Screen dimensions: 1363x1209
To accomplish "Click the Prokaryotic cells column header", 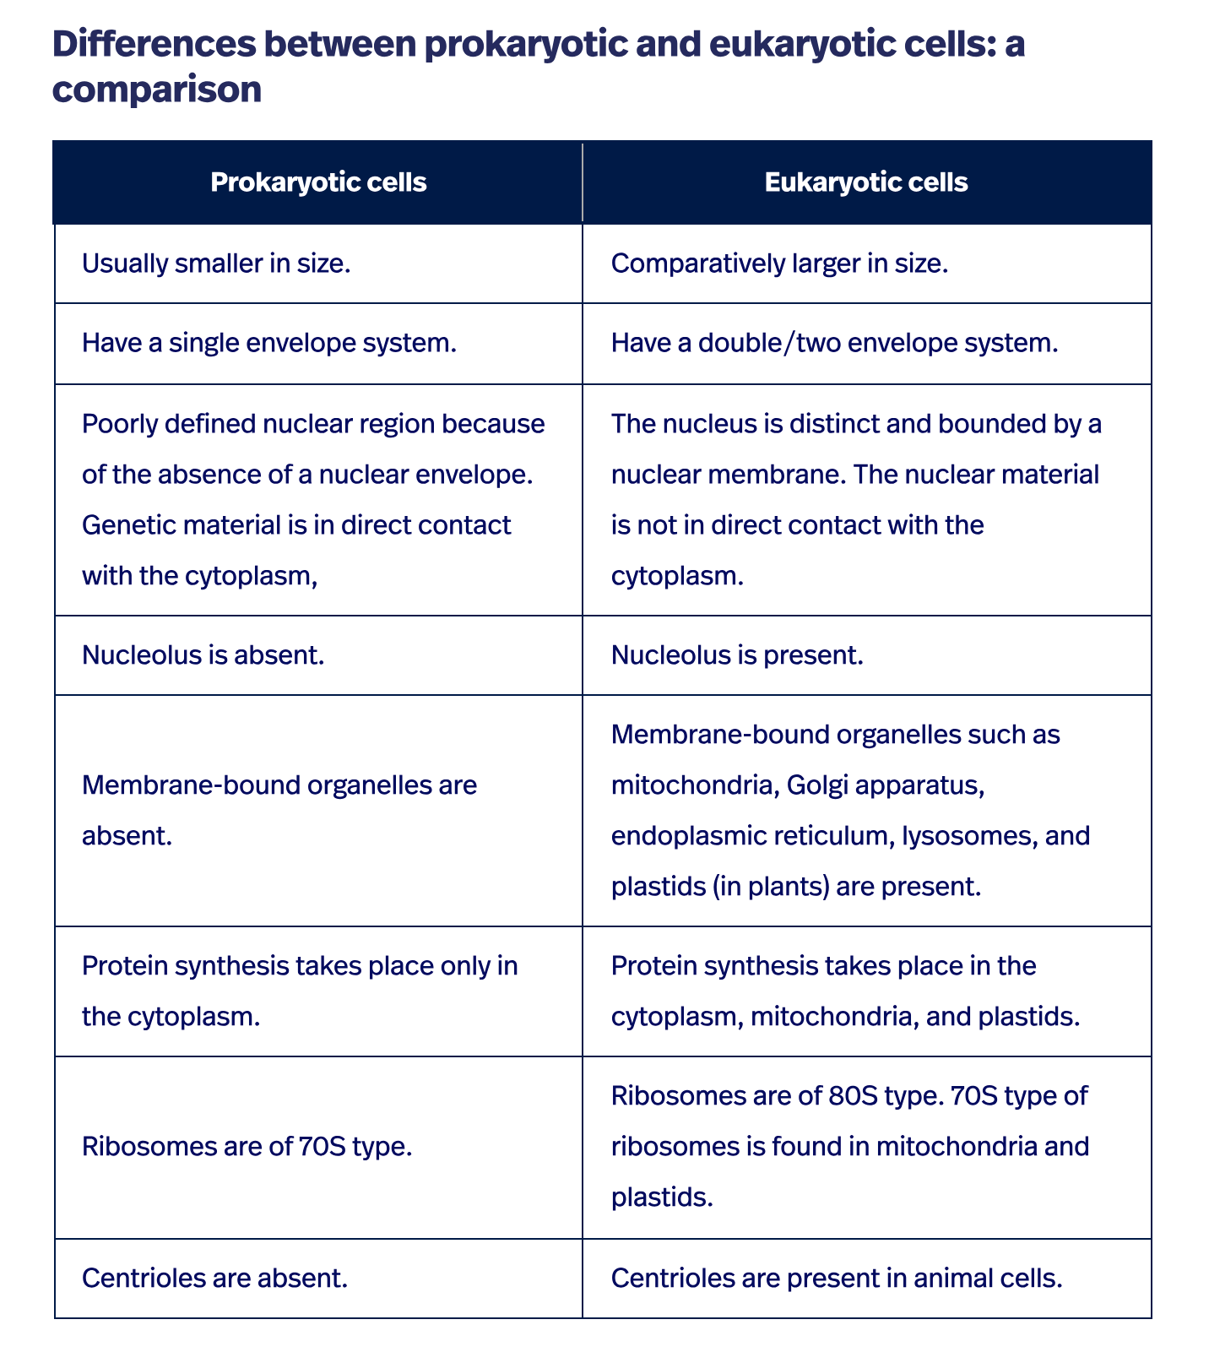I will click(318, 182).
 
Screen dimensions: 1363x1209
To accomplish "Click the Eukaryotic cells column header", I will click(866, 182).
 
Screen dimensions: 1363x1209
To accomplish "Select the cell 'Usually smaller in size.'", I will click(216, 264).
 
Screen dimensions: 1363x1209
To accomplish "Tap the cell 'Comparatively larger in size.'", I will click(779, 264).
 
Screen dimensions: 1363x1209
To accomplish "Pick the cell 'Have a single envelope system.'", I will click(269, 344).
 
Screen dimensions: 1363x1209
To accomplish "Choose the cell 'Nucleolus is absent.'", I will click(203, 655).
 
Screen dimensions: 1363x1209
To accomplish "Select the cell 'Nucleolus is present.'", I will click(736, 655).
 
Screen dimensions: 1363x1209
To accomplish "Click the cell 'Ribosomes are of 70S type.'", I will click(247, 1148).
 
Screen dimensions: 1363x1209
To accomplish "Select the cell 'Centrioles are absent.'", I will click(215, 1279).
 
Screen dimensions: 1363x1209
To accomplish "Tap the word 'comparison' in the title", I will click(157, 90).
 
